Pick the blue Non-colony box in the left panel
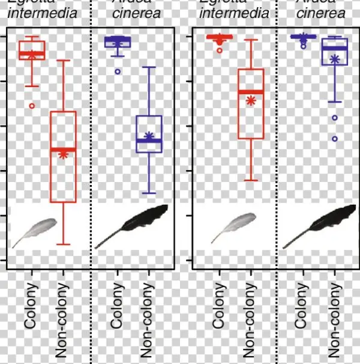click(149, 133)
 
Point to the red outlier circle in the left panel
click(32, 106)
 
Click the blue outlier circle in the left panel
click(118, 71)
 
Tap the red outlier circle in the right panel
click(220, 50)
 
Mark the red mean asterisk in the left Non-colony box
click(63, 154)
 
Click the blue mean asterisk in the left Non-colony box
click(149, 136)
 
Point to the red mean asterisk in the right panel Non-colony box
click(251, 100)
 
